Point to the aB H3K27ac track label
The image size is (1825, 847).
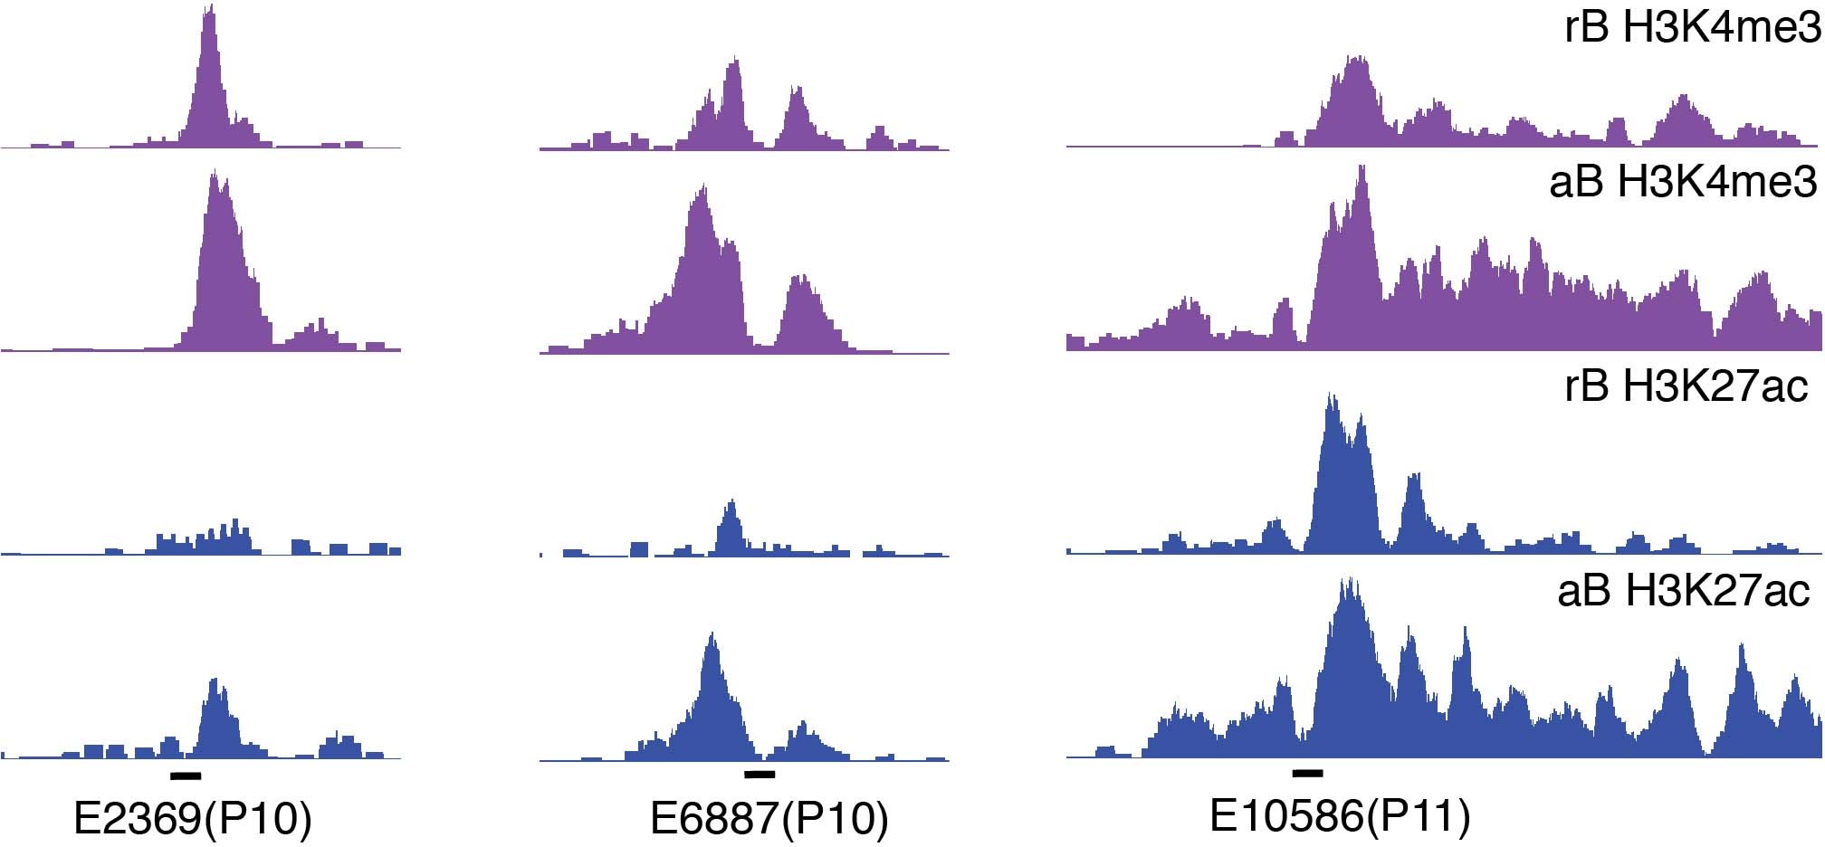[x=1683, y=591]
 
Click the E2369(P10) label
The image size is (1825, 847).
[x=192, y=819]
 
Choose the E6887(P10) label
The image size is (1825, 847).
[x=769, y=819]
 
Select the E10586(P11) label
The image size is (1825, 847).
[x=1339, y=816]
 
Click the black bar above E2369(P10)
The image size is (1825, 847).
[x=186, y=776]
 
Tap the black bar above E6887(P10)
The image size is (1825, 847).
[x=760, y=775]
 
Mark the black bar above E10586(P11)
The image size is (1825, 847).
[x=1308, y=773]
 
